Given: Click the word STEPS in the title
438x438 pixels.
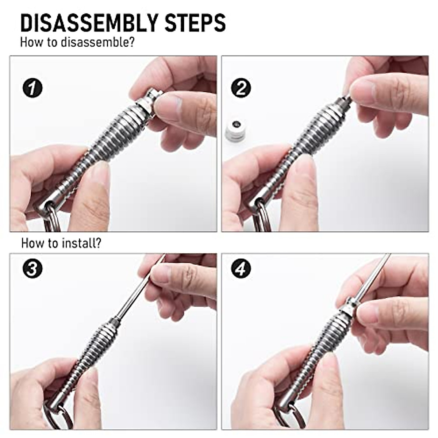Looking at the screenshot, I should click(x=195, y=23).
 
